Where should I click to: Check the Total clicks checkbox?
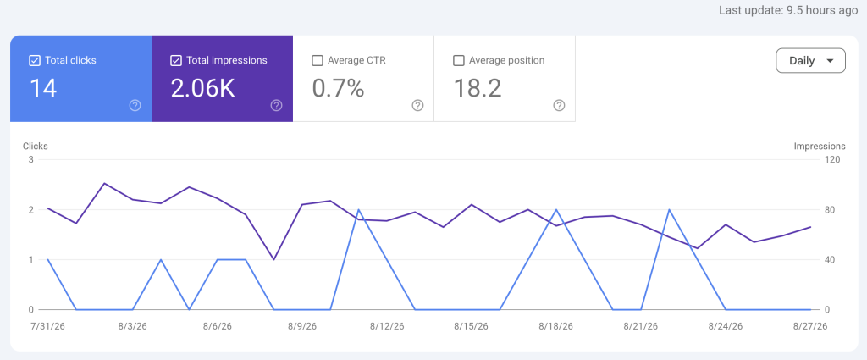[x=34, y=61]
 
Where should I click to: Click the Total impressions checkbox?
[x=176, y=61]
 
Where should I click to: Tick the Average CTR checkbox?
[x=318, y=61]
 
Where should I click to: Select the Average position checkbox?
[x=458, y=61]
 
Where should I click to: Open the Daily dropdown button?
[x=810, y=61]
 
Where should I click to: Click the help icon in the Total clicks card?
[x=135, y=106]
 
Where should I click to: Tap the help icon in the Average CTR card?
[x=418, y=106]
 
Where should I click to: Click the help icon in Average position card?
[x=559, y=106]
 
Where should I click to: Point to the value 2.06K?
[x=202, y=88]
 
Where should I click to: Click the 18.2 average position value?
[x=478, y=88]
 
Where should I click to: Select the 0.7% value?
[x=338, y=88]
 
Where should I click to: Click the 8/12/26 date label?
[x=387, y=326]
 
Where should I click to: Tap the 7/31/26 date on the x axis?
[x=47, y=326]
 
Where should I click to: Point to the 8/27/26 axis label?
[x=810, y=326]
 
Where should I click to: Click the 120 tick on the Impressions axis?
[x=833, y=160]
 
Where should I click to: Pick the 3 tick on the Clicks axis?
[x=31, y=160]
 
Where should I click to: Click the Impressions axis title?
[x=820, y=147]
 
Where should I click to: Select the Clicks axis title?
[x=36, y=147]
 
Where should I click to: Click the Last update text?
[x=788, y=10]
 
